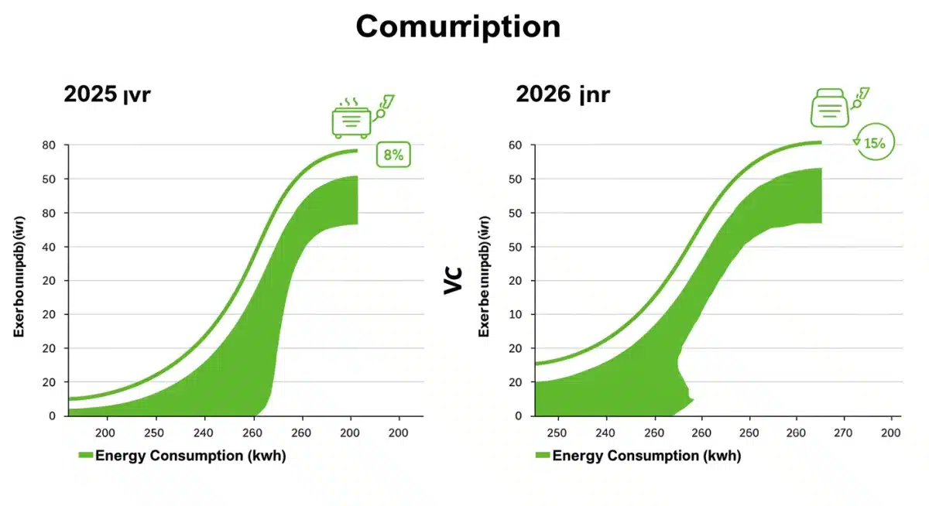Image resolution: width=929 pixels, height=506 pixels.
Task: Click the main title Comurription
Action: pos(458,27)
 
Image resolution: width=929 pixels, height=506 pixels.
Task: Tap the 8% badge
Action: pos(393,155)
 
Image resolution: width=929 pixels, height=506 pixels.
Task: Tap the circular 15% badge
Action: pos(875,142)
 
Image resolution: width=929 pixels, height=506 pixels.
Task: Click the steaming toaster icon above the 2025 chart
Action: pos(351,119)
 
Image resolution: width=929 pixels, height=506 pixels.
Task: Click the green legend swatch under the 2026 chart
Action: pos(541,456)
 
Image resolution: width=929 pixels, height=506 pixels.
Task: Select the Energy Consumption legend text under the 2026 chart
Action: pos(646,456)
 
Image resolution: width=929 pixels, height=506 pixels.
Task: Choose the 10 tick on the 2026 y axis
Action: pos(516,315)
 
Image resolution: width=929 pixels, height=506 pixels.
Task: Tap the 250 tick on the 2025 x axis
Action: pos(154,432)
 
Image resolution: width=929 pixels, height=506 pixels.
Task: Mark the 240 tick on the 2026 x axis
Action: pos(605,432)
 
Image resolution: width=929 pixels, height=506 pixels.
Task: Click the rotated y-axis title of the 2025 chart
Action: pos(19,279)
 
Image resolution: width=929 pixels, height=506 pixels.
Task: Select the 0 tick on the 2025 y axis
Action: pos(53,416)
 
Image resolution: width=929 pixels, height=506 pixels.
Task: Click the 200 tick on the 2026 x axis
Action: pos(891,432)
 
